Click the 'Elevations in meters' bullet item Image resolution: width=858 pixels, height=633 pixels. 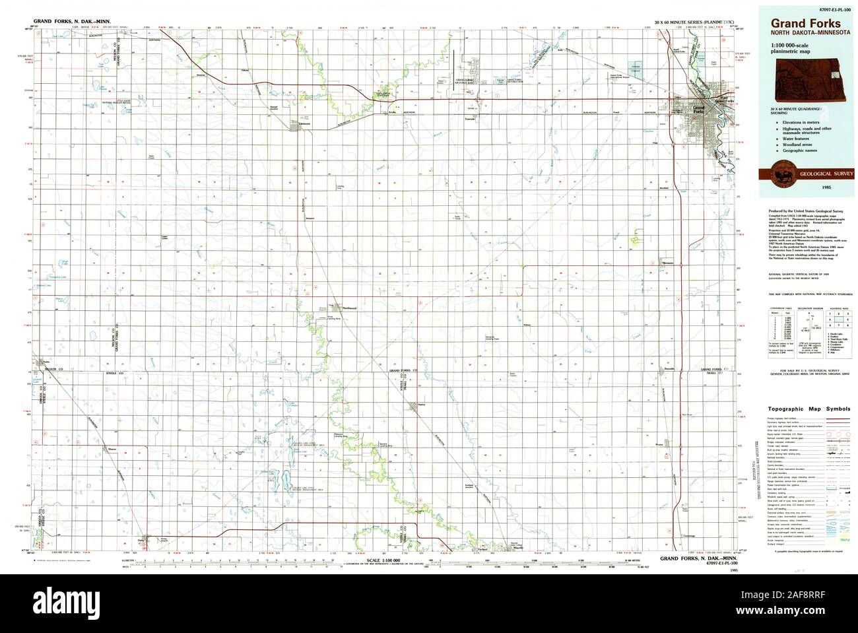tap(800, 123)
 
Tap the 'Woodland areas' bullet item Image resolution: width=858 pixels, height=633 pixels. tap(796, 145)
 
